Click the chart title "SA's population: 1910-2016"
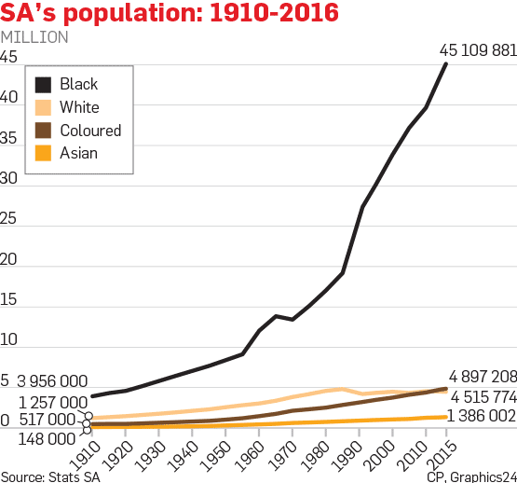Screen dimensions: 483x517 (x=170, y=14)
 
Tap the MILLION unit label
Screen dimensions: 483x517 (x=34, y=37)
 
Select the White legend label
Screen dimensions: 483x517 (x=79, y=107)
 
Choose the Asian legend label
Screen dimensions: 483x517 (x=78, y=153)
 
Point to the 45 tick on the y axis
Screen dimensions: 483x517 (x=9, y=57)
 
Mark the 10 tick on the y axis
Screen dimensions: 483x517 (x=9, y=341)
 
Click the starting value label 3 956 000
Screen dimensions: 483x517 (x=52, y=382)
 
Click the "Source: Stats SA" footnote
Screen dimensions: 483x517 (x=49, y=476)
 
